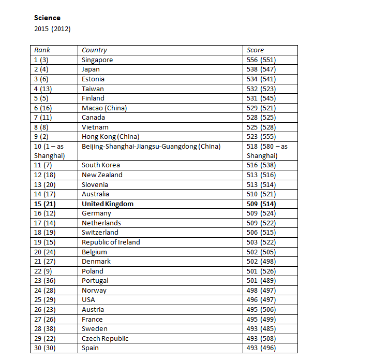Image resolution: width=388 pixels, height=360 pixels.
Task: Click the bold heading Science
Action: (47, 18)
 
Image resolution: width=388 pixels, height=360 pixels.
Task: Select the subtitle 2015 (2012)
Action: (52, 28)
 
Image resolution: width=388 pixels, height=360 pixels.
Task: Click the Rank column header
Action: (42, 50)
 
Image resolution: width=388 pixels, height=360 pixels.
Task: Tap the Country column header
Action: (94, 50)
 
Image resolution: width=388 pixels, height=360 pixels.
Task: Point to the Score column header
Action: (255, 50)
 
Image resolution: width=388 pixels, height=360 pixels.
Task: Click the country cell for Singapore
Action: (97, 60)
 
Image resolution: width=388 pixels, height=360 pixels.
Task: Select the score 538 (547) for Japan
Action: (261, 69)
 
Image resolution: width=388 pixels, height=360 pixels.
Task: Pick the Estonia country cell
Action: (93, 79)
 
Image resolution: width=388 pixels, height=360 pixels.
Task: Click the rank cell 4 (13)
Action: (43, 89)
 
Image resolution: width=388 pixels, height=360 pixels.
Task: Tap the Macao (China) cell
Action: (104, 108)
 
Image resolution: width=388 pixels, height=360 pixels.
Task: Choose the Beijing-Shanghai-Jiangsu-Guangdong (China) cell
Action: (151, 147)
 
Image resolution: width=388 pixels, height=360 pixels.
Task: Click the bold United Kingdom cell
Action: (108, 204)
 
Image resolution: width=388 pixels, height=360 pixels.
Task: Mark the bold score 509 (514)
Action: (261, 204)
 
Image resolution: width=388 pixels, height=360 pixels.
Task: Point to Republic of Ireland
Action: (111, 242)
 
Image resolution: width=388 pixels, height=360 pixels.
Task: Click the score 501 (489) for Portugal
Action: (261, 281)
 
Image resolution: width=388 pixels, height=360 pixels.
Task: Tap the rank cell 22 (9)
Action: (43, 271)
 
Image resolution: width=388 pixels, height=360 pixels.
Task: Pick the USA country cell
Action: (88, 300)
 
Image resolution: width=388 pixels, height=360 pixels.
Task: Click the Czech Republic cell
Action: (105, 338)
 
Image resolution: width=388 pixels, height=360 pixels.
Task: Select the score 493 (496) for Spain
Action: (261, 348)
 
